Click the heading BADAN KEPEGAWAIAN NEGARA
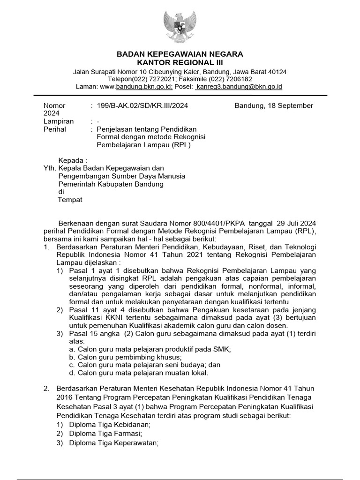click(x=180, y=54)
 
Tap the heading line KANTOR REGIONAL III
click(x=180, y=62)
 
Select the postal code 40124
click(x=277, y=72)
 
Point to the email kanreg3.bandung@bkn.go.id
click(x=240, y=87)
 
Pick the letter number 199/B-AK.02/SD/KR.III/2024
click(x=142, y=105)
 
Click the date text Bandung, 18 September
click(x=274, y=105)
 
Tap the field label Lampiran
click(x=59, y=121)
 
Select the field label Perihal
click(x=55, y=129)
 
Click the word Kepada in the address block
click(x=73, y=160)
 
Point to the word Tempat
click(x=70, y=200)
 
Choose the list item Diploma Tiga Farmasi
click(x=105, y=434)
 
